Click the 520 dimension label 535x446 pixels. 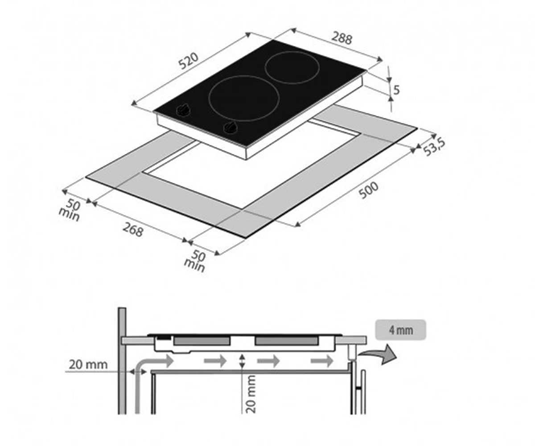(x=189, y=61)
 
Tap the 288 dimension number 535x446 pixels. (x=342, y=38)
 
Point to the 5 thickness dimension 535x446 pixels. (x=396, y=90)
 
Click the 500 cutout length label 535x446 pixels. (x=369, y=190)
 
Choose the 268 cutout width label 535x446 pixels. (x=133, y=229)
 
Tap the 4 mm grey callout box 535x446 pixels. (x=401, y=330)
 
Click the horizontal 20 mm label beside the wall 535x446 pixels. (x=88, y=364)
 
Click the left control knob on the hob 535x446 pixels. (x=183, y=110)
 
